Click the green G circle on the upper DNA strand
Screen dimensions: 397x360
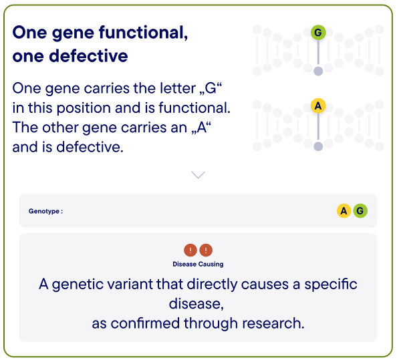coord(318,32)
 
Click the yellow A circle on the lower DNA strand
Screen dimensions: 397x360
coord(318,106)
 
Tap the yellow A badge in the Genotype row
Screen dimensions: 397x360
coord(344,211)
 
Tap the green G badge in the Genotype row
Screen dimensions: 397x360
coord(360,211)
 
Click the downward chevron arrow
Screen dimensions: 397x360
coord(198,174)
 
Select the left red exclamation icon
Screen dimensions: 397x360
coord(190,250)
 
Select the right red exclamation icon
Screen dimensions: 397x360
coord(206,250)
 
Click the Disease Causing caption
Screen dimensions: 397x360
coord(198,264)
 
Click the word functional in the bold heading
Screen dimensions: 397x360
coord(143,32)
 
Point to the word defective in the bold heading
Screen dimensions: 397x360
coord(88,56)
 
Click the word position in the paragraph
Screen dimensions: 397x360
coord(84,108)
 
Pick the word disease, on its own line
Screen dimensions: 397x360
coord(196,304)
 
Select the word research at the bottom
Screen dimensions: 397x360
coord(273,323)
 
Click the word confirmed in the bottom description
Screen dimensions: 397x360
coord(145,323)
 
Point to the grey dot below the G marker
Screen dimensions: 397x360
coord(318,71)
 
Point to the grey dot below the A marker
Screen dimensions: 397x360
coord(318,146)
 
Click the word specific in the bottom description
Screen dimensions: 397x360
coord(331,285)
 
